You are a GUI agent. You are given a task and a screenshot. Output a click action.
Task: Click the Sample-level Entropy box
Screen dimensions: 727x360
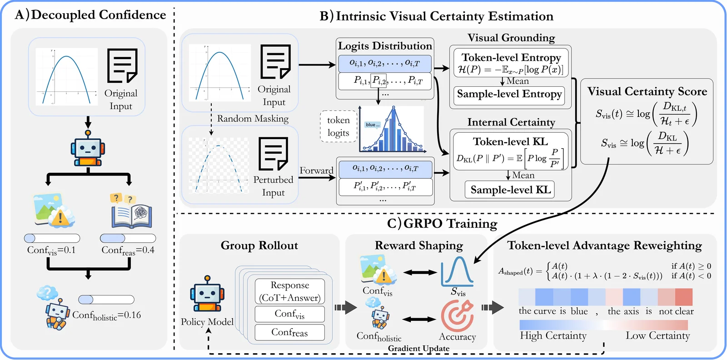tap(509, 95)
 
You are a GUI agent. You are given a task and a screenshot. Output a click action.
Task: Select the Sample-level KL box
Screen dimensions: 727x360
tap(510, 190)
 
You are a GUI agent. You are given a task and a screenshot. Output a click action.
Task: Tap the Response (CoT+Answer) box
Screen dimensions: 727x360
tap(290, 291)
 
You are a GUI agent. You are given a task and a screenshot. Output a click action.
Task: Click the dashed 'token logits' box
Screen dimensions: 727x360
tap(338, 126)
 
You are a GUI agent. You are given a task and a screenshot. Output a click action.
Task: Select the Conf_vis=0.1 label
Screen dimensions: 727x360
tap(51, 250)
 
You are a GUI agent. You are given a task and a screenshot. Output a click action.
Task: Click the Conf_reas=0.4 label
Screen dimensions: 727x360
tap(128, 250)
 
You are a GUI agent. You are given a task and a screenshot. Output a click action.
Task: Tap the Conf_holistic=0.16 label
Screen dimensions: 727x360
tap(106, 315)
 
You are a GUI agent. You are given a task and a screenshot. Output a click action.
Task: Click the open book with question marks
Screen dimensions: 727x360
tap(131, 212)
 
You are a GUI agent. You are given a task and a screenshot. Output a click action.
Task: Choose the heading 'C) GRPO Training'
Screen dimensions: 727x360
tap(442, 224)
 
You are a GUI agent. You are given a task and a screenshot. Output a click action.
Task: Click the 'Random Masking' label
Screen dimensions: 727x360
tap(253, 119)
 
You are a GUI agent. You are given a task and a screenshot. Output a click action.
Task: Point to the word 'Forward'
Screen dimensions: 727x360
tap(316, 170)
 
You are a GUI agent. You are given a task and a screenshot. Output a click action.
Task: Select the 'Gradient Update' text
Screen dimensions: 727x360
tap(418, 348)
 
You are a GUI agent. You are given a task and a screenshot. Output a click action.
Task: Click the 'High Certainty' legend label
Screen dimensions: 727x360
tap(553, 335)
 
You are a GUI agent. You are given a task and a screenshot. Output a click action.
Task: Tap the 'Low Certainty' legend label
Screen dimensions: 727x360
tap(657, 335)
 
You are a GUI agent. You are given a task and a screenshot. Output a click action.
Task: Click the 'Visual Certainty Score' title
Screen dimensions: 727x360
tap(647, 91)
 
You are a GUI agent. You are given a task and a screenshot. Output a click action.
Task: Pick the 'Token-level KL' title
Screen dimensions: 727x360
tap(510, 141)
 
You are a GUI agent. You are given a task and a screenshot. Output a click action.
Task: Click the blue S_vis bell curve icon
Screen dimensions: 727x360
tap(457, 271)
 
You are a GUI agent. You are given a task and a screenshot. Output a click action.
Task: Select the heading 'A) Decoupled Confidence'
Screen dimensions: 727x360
tap(90, 15)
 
